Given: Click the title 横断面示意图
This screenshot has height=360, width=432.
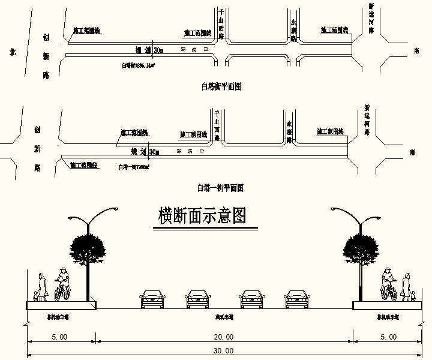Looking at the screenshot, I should [x=202, y=216].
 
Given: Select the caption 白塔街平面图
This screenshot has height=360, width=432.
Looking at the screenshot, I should [x=221, y=86].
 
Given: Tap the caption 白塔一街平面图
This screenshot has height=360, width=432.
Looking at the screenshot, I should [x=220, y=188].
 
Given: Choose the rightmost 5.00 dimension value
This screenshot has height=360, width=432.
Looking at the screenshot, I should [x=388, y=337].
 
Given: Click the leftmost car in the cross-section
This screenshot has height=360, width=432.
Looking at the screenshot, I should [x=152, y=299].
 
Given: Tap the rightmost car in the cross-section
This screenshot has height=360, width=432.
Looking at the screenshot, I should [x=296, y=299].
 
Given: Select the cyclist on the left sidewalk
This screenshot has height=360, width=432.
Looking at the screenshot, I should [x=62, y=284].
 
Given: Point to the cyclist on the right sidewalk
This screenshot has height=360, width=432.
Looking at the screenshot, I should [x=389, y=284].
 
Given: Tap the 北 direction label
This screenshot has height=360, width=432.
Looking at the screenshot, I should [x=11, y=52].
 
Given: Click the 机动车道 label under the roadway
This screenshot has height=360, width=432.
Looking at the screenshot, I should [x=224, y=317].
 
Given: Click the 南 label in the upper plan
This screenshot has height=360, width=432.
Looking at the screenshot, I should [x=416, y=51].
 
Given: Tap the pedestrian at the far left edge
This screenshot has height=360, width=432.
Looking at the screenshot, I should [x=41, y=287].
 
